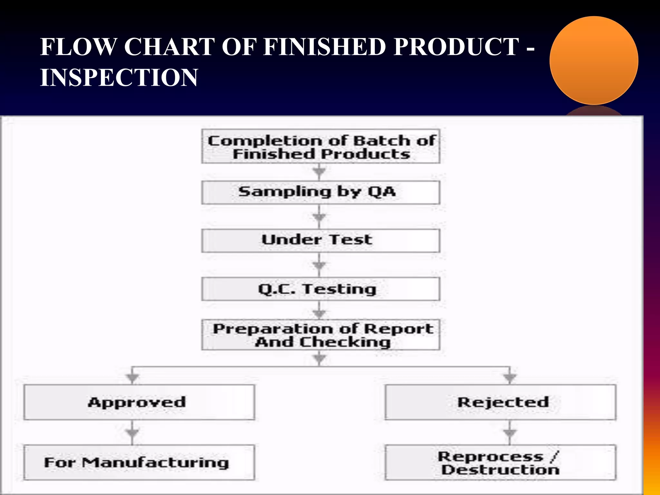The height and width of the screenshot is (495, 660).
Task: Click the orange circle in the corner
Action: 594,61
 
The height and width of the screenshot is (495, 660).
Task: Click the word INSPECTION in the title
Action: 119,78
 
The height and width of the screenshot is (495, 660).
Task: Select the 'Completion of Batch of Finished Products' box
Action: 321,147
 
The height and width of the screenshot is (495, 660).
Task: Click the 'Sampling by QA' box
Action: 321,192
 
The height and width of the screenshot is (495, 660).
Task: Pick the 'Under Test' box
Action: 321,240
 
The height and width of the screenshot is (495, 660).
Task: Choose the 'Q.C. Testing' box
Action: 321,289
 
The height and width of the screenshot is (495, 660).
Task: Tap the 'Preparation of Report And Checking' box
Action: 321,335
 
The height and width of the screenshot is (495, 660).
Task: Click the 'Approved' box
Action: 139,402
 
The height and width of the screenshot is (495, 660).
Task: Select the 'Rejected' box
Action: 500,402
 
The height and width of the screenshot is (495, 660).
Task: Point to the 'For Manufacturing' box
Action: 139,462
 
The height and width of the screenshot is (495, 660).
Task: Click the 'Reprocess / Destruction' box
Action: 500,462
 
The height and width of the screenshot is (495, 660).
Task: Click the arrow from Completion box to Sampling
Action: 319,172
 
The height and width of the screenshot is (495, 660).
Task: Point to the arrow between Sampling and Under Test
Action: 319,217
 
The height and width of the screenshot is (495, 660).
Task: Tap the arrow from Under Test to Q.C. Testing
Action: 319,265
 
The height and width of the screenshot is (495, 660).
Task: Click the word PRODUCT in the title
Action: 456,47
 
